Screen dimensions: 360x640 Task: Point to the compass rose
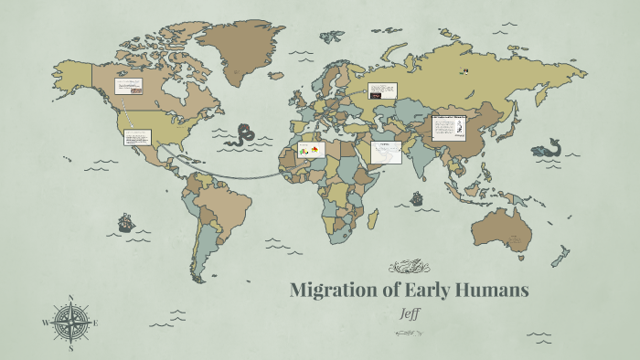(x=70, y=322)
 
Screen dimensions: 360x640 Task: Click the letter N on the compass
(x=70, y=297)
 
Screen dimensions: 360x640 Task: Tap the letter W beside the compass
(x=45, y=323)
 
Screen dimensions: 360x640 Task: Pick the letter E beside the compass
(x=95, y=323)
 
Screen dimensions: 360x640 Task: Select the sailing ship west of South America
(x=125, y=222)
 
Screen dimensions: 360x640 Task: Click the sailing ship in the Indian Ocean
(x=417, y=197)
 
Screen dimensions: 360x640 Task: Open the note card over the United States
(x=137, y=137)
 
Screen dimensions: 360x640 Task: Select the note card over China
(x=449, y=127)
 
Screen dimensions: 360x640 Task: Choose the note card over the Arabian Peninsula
(x=386, y=152)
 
